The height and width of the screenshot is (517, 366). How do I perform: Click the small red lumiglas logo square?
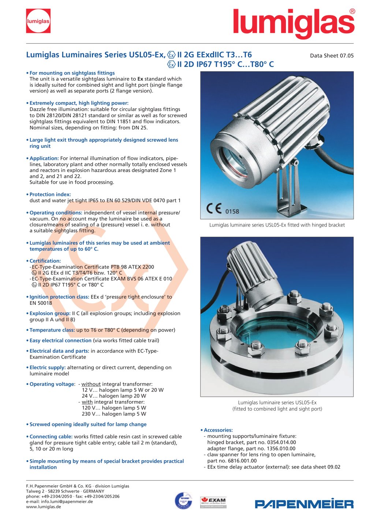38,21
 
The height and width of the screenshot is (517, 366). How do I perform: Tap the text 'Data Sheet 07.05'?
332,56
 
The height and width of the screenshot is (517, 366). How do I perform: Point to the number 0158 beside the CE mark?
232,211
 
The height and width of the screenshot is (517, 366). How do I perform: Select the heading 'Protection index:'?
50,194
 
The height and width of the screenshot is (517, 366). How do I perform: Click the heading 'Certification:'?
45,261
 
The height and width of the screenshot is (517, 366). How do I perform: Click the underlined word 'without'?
91,384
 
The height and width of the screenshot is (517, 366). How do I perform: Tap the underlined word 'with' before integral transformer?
87,402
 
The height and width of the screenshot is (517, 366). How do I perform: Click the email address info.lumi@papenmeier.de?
67,502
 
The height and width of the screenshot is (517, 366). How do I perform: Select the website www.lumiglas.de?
44,507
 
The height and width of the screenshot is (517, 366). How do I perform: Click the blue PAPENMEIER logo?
304,504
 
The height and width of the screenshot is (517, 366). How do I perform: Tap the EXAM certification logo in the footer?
213,502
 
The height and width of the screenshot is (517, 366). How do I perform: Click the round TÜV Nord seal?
183,501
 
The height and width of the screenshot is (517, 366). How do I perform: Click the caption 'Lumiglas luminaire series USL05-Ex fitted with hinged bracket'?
277,225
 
